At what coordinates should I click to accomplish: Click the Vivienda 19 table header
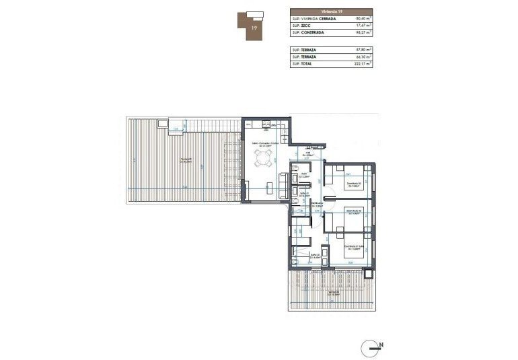point(330,11)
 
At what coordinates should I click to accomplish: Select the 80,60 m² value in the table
point(362,18)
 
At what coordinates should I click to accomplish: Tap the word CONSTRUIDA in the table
point(314,32)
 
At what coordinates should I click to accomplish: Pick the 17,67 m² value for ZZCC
point(362,25)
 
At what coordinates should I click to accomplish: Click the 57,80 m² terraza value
point(362,50)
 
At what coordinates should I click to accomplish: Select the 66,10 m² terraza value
point(362,57)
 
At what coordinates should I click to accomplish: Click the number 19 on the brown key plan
point(253,28)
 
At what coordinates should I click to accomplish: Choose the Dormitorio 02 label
point(354,212)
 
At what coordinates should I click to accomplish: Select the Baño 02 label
point(314,255)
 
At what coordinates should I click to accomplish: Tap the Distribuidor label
point(309,206)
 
